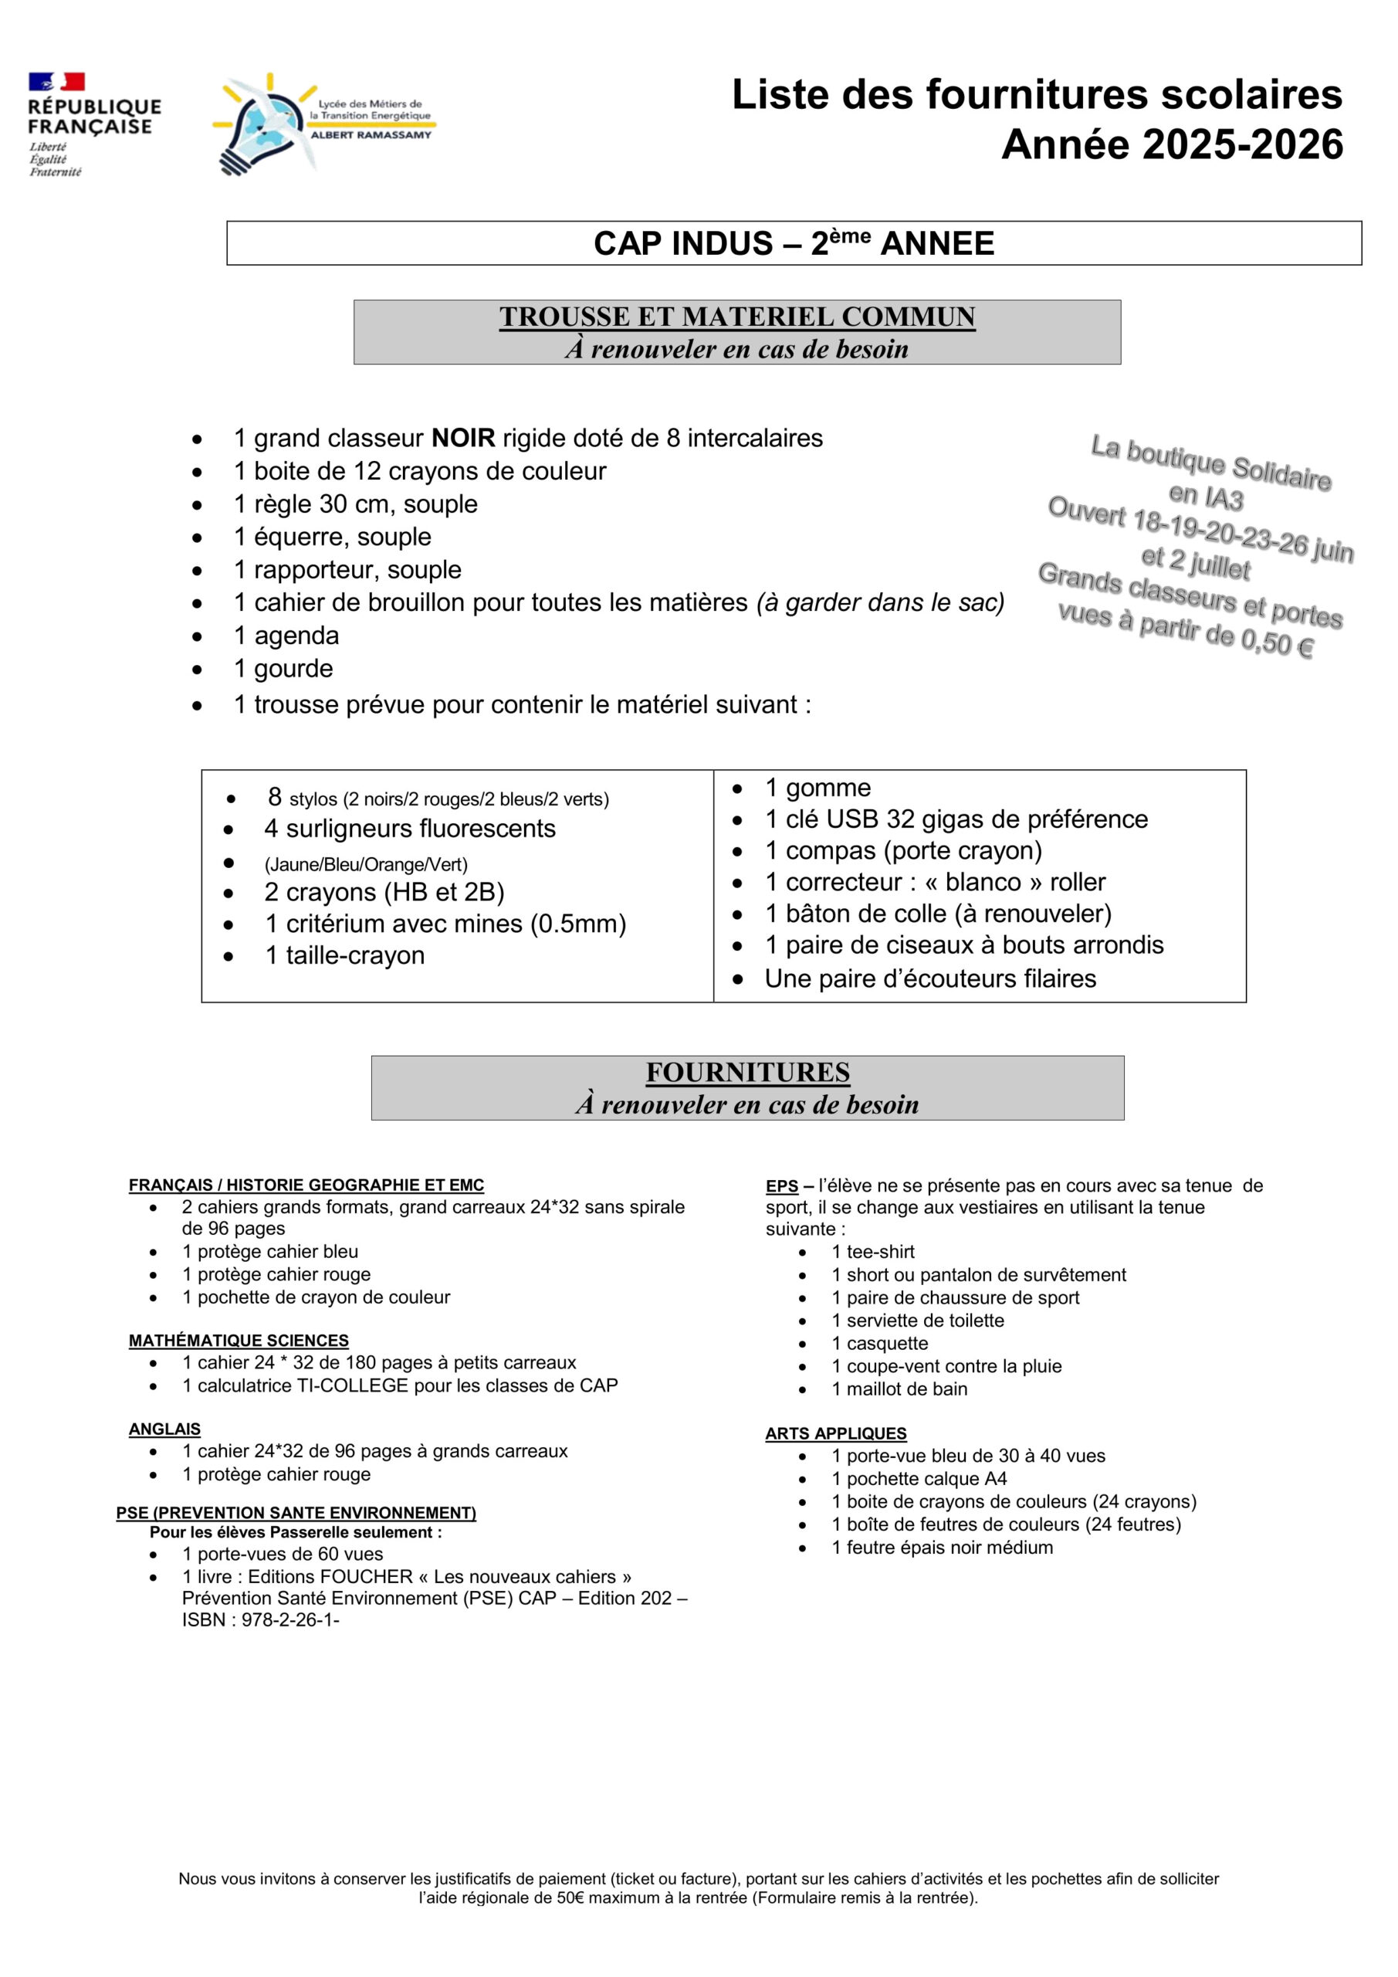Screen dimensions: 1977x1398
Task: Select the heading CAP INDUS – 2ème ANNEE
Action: [793, 244]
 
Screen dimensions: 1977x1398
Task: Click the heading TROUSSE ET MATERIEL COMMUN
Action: [737, 317]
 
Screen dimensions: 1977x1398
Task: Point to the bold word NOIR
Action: [463, 439]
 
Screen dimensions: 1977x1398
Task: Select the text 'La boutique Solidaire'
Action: [1210, 463]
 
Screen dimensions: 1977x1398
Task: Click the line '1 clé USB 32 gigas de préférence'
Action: [956, 819]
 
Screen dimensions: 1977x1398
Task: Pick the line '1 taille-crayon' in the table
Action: [344, 956]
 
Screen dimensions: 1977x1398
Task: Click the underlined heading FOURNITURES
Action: [747, 1073]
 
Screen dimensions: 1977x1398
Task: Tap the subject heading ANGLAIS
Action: [164, 1429]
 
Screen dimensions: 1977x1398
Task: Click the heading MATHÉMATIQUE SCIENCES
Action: [239, 1341]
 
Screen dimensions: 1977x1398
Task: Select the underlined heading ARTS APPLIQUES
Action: [835, 1433]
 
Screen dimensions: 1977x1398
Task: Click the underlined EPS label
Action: [782, 1186]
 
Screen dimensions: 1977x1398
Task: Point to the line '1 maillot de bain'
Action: [899, 1389]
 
